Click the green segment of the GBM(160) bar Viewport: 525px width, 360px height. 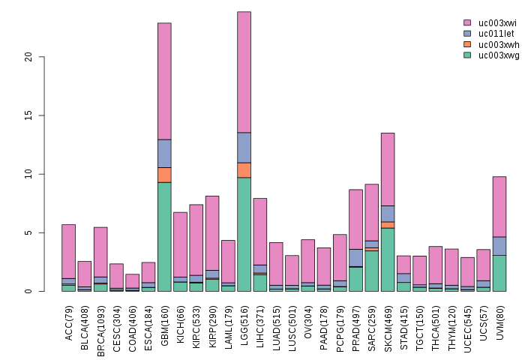164,236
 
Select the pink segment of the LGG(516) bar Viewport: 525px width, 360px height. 244,72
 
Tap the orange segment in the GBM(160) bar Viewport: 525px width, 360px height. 164,175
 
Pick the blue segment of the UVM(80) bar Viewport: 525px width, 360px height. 499,246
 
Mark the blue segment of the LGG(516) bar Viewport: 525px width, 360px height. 244,148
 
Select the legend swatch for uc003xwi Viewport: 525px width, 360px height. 467,23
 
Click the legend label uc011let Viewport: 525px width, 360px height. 499,34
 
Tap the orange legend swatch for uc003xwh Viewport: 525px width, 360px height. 467,44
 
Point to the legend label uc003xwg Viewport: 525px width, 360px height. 499,55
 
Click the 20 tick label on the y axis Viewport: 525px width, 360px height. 29,57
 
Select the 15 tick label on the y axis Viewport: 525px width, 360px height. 29,115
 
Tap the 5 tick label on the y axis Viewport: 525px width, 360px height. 29,233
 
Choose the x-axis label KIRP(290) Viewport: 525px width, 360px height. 212,321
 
